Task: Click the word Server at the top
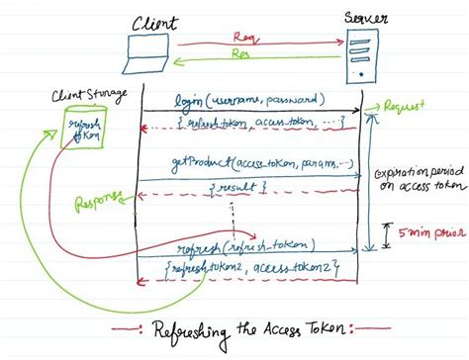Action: click(366, 17)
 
